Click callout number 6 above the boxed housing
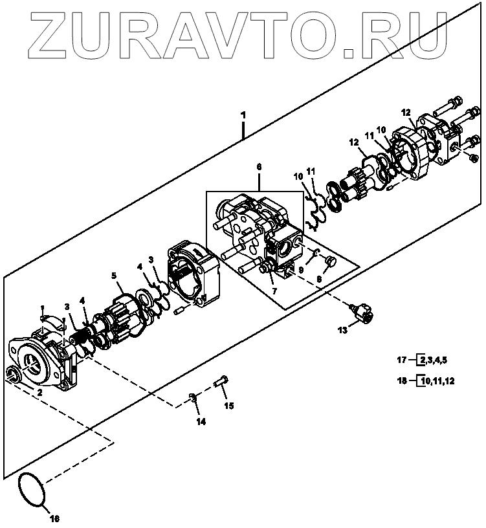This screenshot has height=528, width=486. [x=259, y=167]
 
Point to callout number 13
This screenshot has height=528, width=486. [x=342, y=329]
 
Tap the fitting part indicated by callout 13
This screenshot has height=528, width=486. [x=361, y=313]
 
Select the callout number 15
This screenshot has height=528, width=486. [x=228, y=406]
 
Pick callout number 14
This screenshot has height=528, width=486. [x=201, y=423]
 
